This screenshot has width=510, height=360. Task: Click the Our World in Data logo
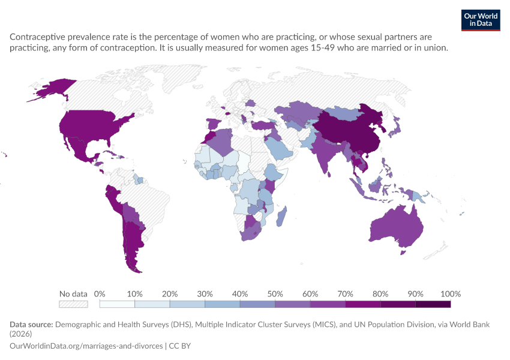481,20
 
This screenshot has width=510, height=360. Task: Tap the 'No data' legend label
73,294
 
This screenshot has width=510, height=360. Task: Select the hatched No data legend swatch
73,304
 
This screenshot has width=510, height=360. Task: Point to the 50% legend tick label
275,294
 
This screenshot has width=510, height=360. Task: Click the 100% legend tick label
451,294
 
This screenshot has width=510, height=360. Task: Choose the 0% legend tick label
100,294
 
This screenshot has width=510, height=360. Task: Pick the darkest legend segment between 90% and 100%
433,304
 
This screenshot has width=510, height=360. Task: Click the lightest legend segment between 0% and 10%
117,304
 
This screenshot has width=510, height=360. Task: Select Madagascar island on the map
281,217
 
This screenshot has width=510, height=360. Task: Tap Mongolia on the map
345,114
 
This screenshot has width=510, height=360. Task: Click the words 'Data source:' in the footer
31,325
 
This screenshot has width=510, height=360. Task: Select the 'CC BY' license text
179,346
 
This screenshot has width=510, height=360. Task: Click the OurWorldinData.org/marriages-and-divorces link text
86,346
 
